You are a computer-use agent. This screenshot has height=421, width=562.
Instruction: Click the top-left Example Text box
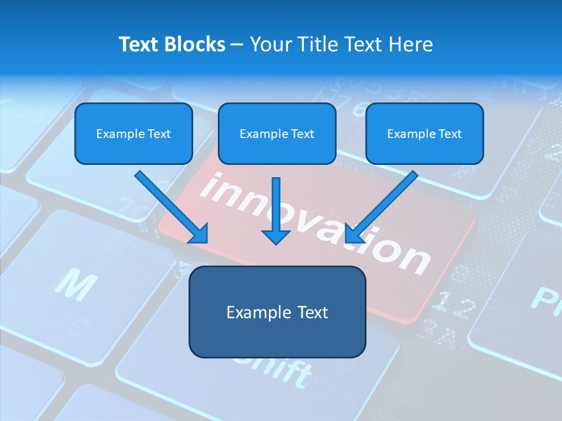pyautogui.click(x=133, y=133)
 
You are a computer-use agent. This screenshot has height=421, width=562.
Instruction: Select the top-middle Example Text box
pyautogui.click(x=277, y=133)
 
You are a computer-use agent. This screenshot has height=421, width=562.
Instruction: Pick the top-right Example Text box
pyautogui.click(x=424, y=133)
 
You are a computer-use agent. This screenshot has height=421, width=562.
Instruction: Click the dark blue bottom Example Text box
pyautogui.click(x=277, y=312)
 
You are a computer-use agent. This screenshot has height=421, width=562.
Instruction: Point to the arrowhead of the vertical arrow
pyautogui.click(x=276, y=237)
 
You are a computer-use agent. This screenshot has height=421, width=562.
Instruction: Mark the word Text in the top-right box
pyautogui.click(x=450, y=133)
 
